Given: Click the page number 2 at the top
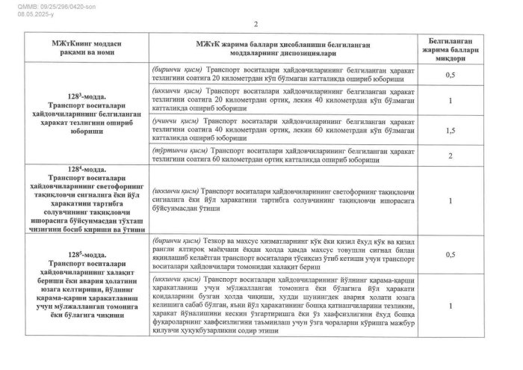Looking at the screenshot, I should tap(258, 24).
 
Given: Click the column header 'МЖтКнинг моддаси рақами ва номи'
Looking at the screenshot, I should tap(81, 48).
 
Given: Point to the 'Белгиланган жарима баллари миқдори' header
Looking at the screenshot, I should tap(450, 48).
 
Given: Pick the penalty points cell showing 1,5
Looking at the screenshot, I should tap(450, 130).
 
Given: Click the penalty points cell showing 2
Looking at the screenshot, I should tap(450, 155).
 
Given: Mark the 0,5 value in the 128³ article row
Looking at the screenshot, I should tap(450, 75).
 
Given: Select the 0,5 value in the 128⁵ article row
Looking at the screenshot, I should tap(450, 255).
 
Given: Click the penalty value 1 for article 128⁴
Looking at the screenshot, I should tap(450, 201).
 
